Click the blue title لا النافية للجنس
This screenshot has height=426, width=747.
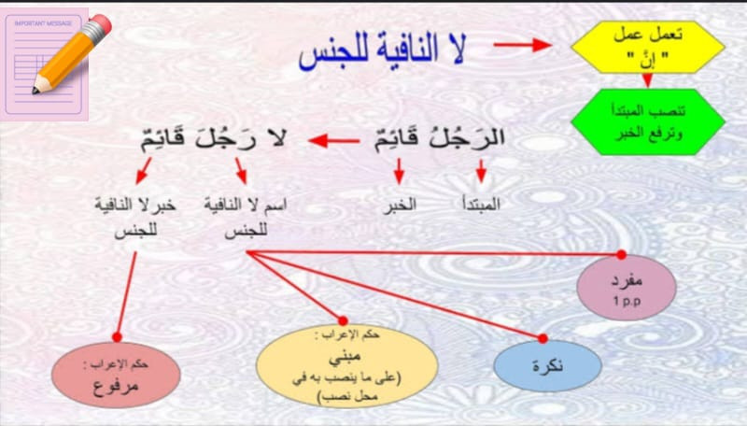(383, 51)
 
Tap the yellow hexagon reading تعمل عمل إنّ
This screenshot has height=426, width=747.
(648, 47)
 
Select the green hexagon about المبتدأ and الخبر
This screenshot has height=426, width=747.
(648, 122)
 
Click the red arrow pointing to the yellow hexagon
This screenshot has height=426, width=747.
(522, 45)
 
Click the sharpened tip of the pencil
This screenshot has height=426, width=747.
(35, 90)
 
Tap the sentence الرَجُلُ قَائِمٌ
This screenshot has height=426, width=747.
(439, 138)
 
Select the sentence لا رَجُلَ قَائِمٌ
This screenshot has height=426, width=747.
(214, 138)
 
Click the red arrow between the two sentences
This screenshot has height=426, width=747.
(334, 140)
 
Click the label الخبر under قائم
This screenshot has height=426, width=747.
(401, 205)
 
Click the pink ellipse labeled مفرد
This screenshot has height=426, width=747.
(627, 288)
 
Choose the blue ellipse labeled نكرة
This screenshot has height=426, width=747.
(548, 365)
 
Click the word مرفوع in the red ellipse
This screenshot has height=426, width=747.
(116, 385)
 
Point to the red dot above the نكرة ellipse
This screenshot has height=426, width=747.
(543, 338)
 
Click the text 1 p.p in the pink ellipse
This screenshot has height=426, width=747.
(627, 301)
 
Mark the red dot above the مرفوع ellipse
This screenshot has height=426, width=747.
(118, 337)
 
